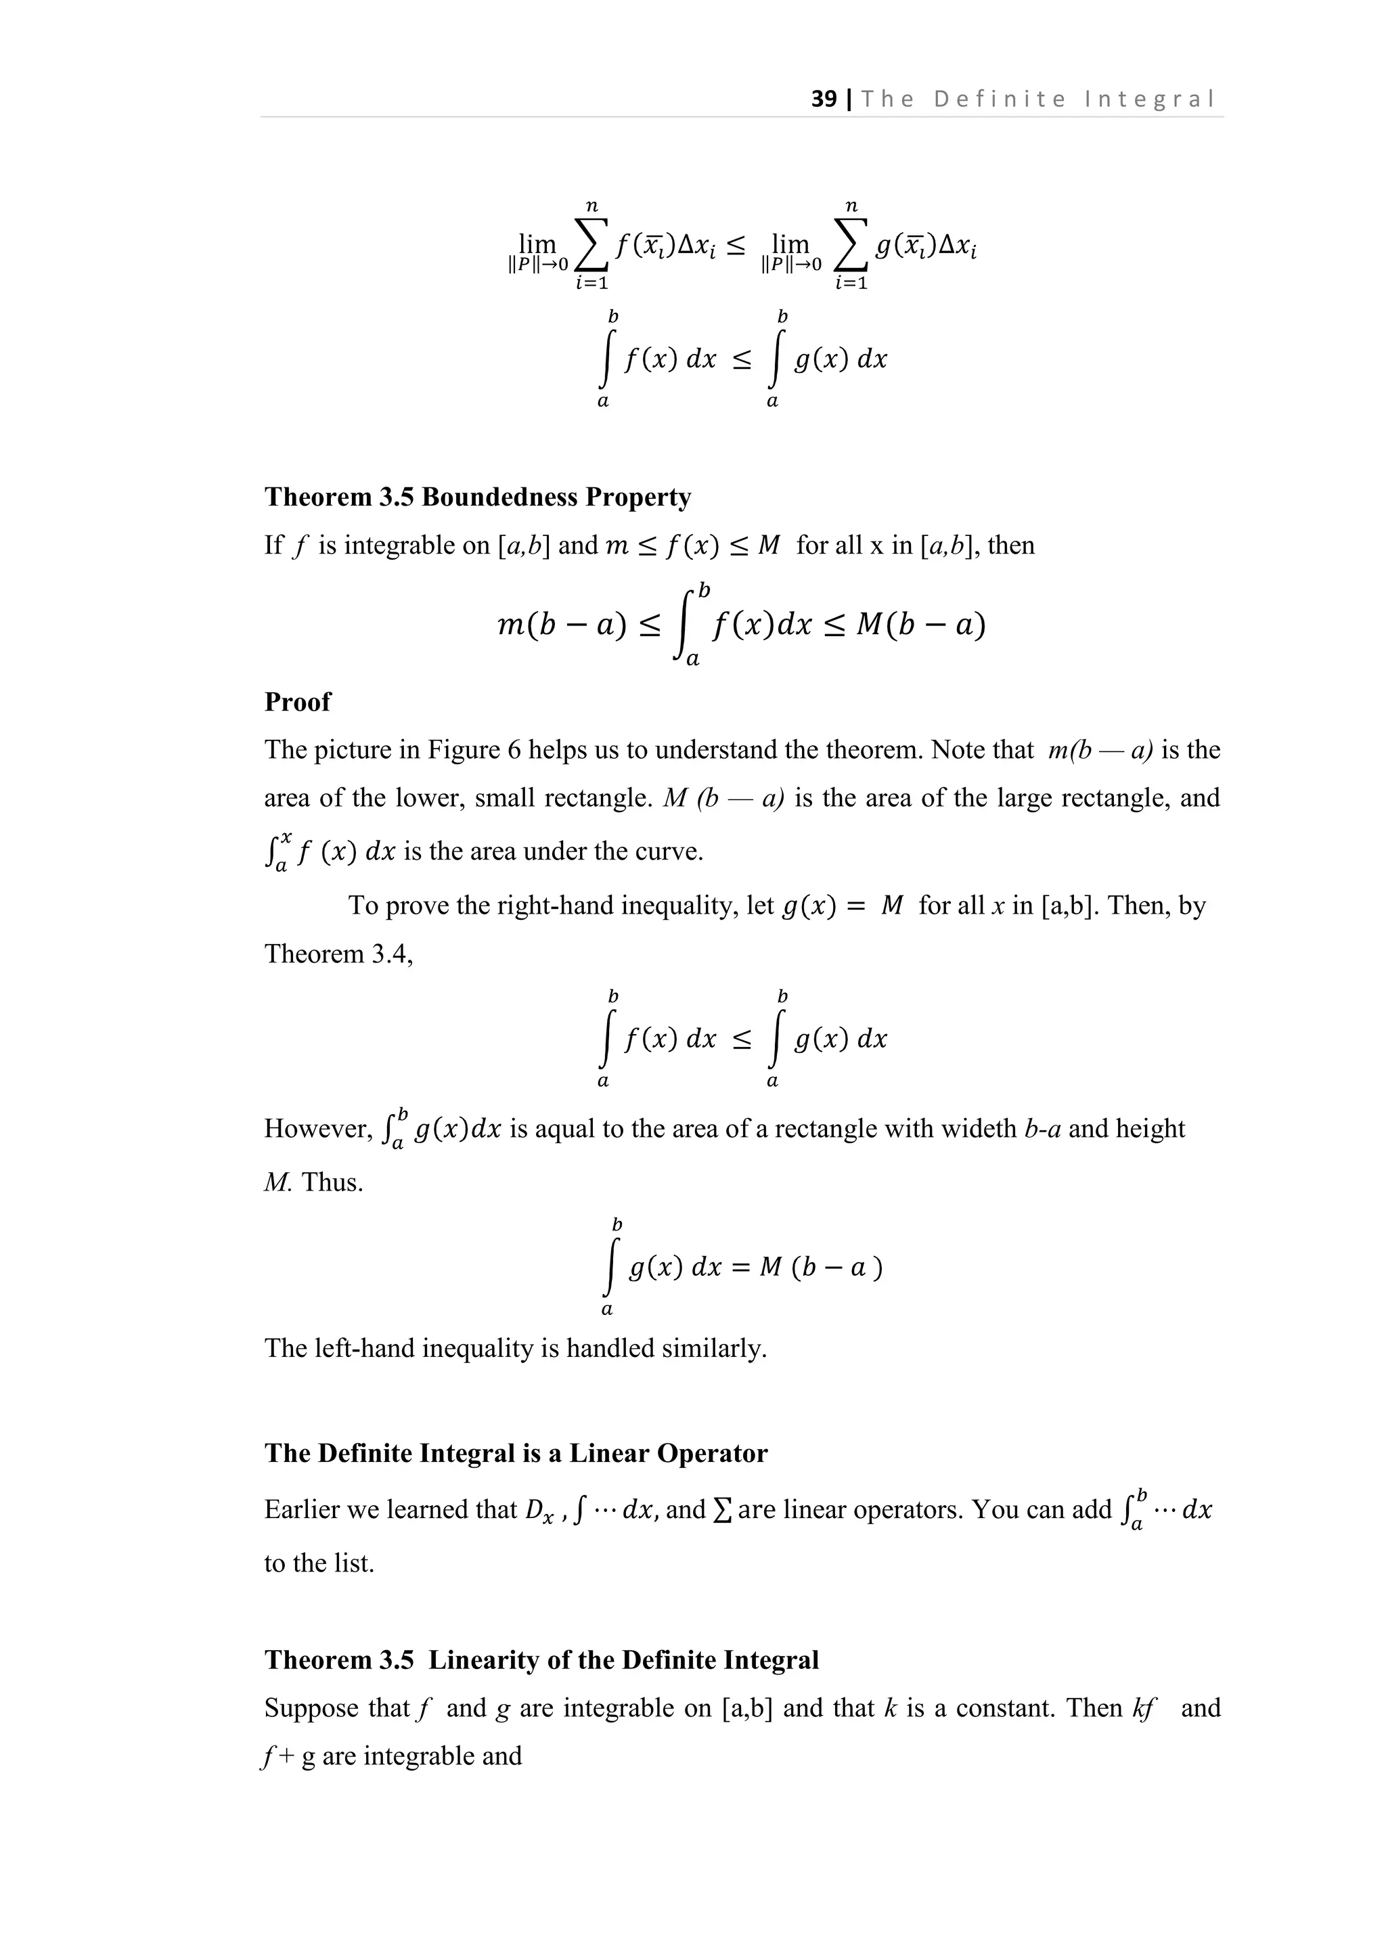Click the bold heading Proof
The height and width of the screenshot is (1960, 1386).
click(x=297, y=702)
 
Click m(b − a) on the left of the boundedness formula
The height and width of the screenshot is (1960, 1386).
click(x=562, y=626)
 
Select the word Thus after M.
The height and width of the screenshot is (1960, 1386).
click(x=332, y=1182)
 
